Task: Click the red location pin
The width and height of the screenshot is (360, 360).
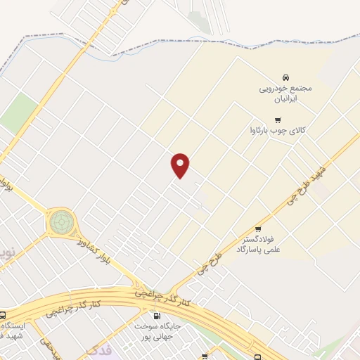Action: point(181,165)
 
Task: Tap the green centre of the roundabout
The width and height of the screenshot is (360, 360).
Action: point(61,223)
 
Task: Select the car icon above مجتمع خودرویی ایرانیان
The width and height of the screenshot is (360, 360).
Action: point(285,77)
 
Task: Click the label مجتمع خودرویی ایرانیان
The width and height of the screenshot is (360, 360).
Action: point(285,94)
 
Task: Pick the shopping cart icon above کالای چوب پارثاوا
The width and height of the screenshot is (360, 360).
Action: point(279,120)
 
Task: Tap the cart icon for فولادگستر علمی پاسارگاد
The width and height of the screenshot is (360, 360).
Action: point(258,229)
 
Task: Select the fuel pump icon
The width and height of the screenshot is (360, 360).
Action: point(157,316)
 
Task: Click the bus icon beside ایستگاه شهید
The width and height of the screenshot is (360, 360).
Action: point(4,315)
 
